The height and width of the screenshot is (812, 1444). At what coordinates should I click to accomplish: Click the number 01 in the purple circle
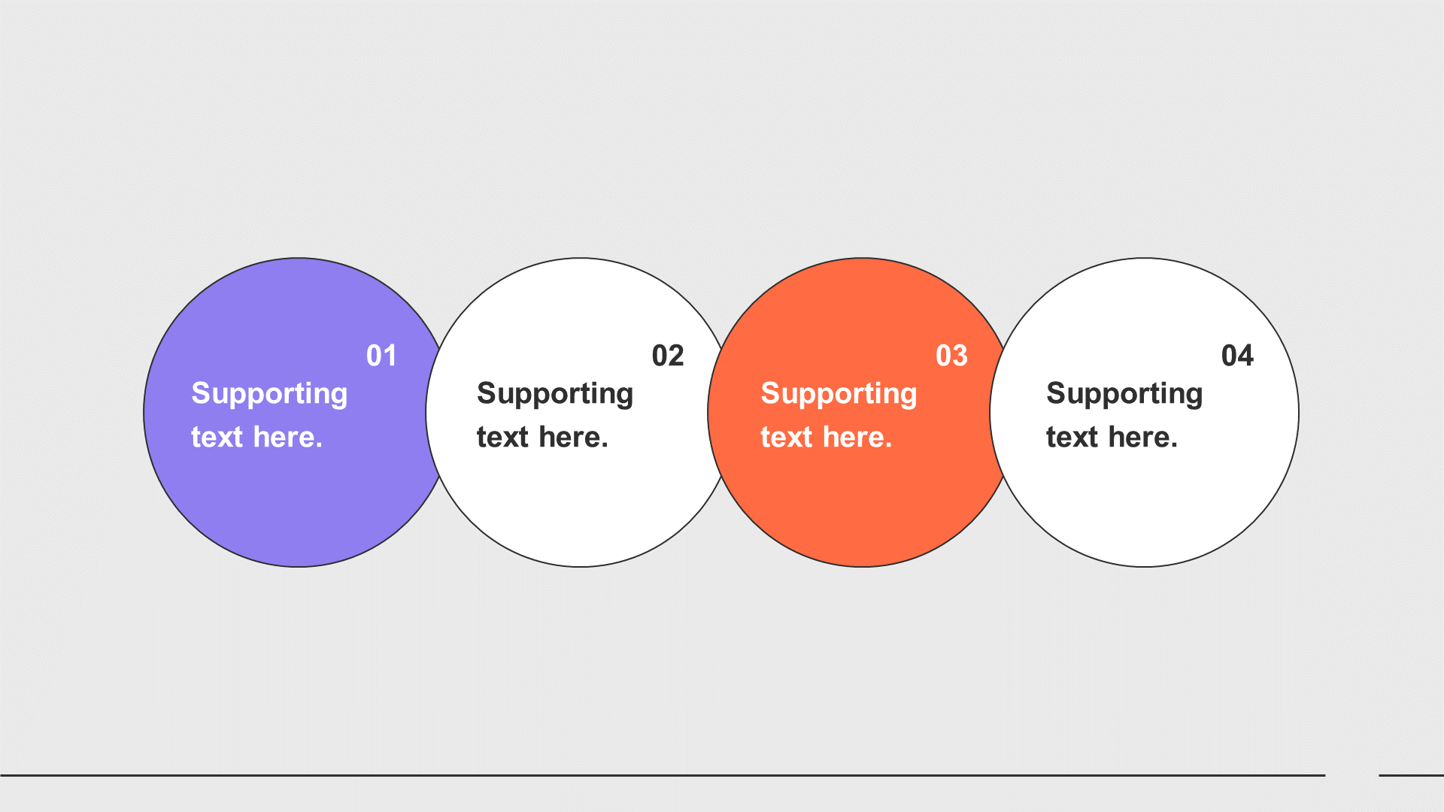(x=381, y=356)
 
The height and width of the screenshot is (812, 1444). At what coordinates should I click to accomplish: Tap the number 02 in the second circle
(x=668, y=356)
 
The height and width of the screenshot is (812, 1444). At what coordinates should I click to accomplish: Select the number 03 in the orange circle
(x=951, y=356)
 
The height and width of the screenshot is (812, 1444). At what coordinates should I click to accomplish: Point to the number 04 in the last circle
(x=1237, y=356)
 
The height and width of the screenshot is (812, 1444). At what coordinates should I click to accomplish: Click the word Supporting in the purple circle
(x=269, y=394)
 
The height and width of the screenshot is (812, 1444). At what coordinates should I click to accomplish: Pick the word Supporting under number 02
(x=555, y=394)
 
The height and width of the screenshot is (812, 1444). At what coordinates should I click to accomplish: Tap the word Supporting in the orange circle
(x=839, y=394)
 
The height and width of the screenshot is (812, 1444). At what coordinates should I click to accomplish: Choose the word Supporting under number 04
(x=1124, y=394)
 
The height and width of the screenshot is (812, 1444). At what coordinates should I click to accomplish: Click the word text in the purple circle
(x=217, y=438)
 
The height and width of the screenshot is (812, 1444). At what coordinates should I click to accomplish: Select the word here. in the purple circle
(x=288, y=437)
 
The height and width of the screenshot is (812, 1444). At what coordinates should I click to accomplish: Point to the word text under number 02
(x=502, y=438)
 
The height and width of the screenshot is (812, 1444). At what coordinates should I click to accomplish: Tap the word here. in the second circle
(x=574, y=437)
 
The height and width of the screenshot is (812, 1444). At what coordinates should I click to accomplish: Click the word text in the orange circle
(x=786, y=438)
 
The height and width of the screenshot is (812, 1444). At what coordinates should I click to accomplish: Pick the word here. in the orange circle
(x=857, y=437)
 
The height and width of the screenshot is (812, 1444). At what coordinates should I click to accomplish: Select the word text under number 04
(x=1072, y=438)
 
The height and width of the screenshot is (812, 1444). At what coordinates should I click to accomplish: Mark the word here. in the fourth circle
(x=1143, y=437)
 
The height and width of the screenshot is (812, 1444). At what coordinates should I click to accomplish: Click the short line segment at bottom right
(x=1411, y=775)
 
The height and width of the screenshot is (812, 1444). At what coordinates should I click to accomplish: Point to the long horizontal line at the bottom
(x=663, y=775)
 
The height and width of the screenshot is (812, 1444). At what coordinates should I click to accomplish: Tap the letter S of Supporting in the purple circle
(x=201, y=393)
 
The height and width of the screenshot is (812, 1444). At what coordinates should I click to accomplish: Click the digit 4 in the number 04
(x=1245, y=356)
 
